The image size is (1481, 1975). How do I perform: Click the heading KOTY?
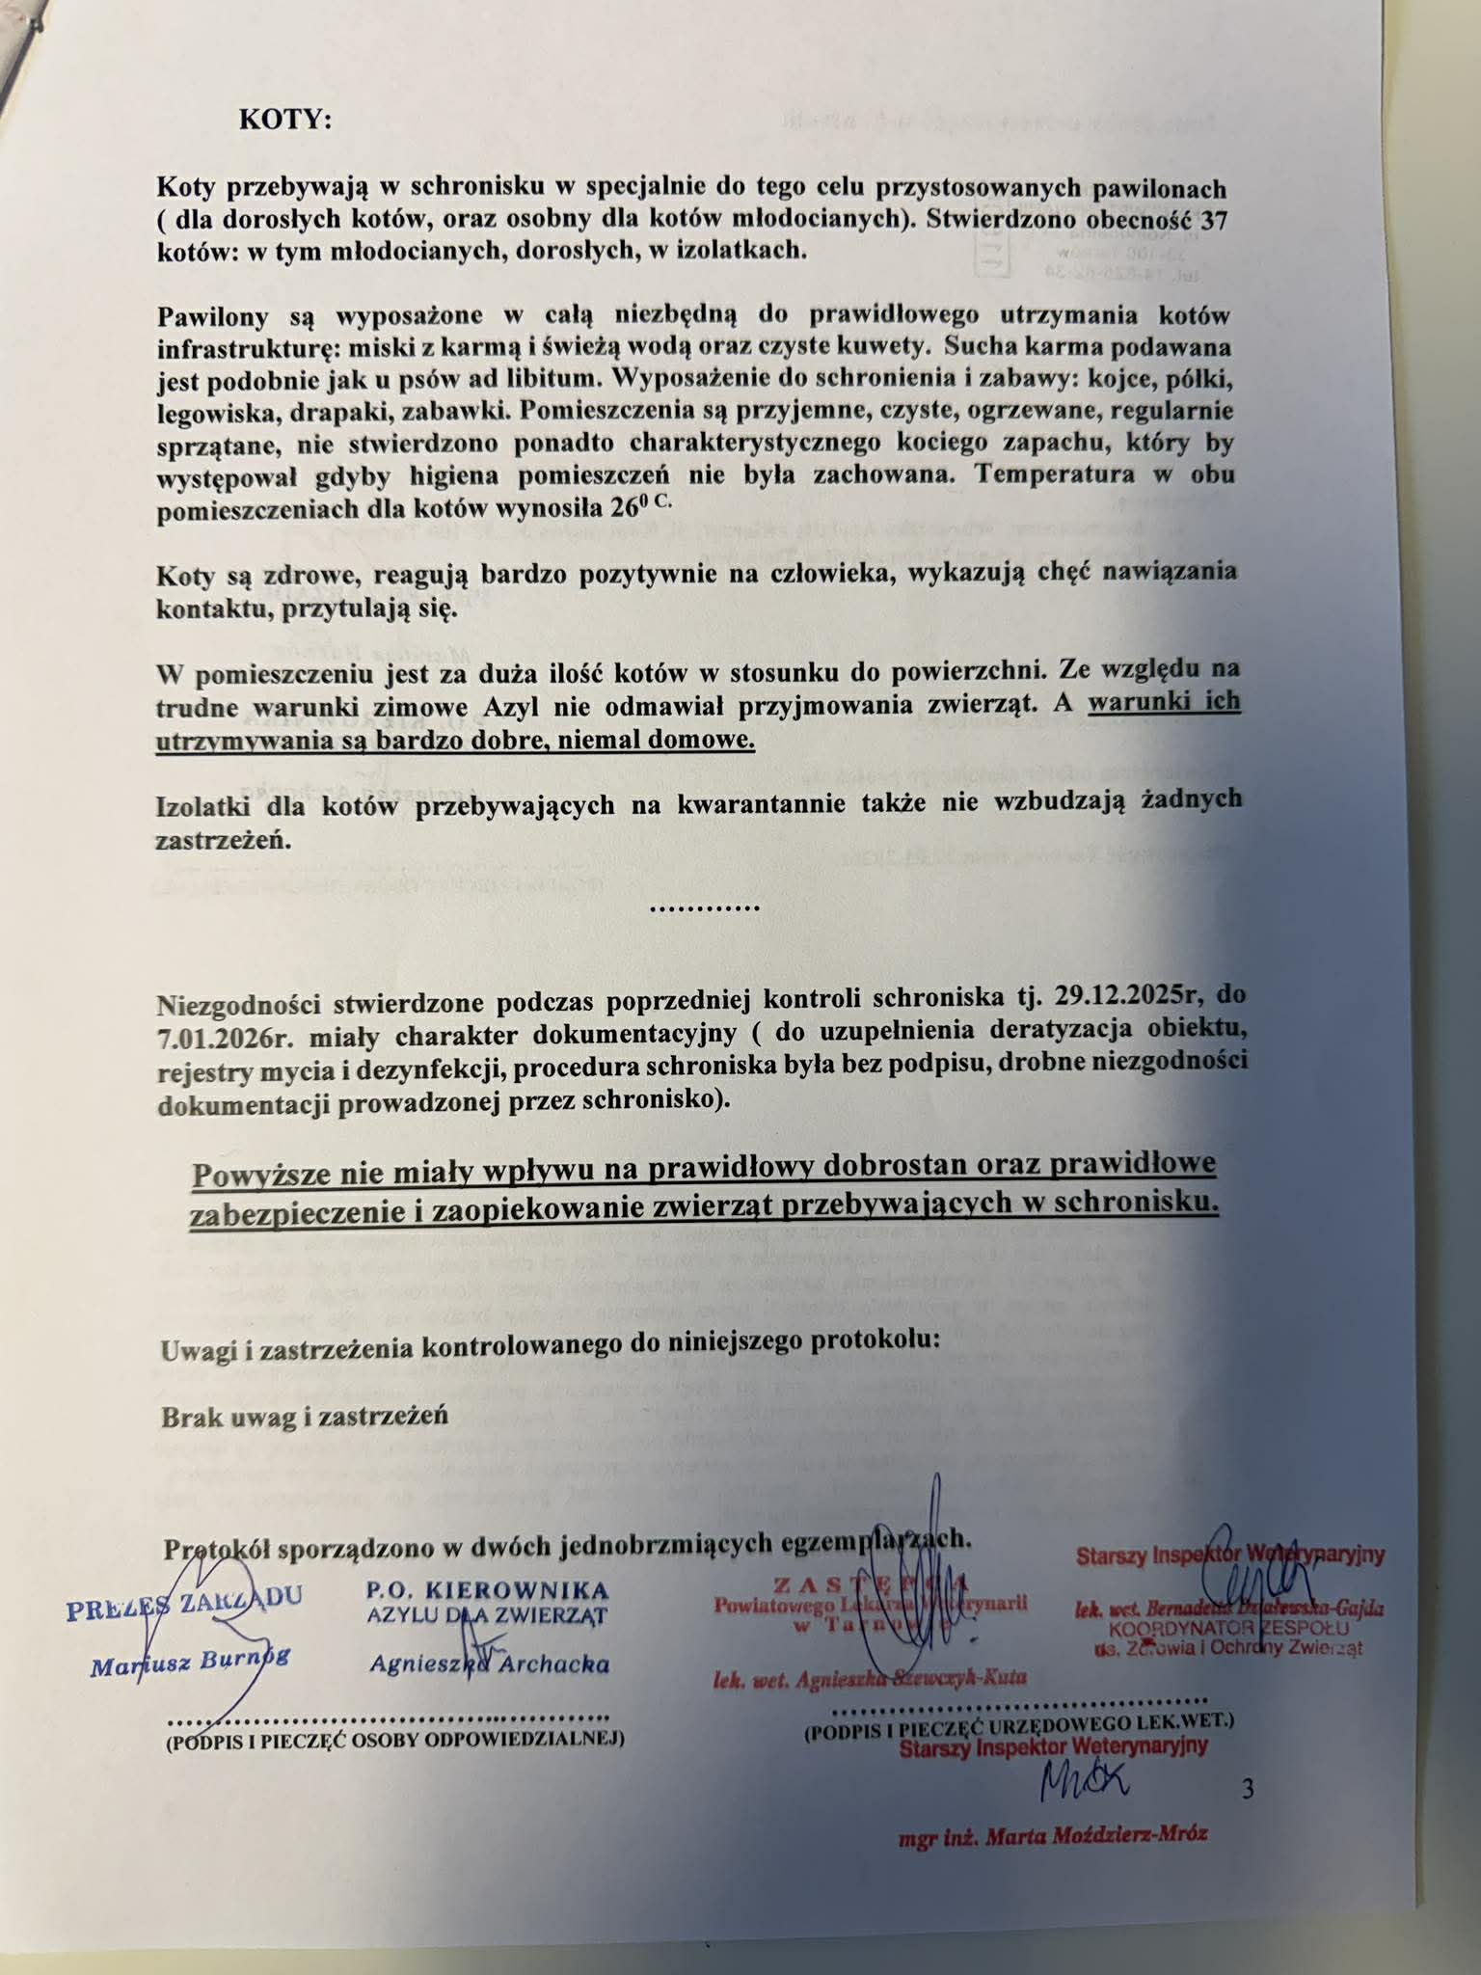click(284, 120)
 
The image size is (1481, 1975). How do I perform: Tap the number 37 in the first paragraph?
click(1216, 219)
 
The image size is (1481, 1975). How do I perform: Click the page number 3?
click(1249, 1790)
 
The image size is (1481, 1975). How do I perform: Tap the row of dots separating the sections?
click(705, 907)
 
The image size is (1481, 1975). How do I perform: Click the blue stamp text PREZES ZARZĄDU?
click(183, 1604)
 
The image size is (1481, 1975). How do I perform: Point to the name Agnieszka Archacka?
click(489, 1664)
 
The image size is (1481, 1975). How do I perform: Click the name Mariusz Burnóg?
click(190, 1663)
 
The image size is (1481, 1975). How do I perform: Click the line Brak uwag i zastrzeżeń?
click(305, 1417)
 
